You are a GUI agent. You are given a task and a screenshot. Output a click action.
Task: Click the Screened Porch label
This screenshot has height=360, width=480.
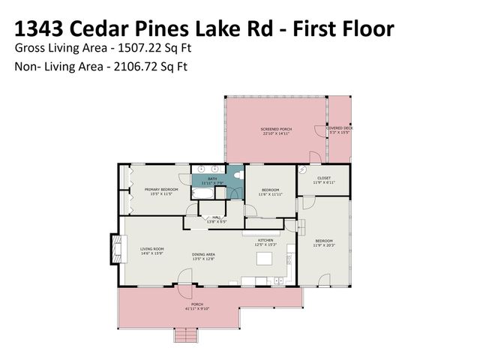276,130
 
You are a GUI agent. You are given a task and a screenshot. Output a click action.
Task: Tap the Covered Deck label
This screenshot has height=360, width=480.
340,128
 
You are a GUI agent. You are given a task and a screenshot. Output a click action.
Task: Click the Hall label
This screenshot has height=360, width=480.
216,218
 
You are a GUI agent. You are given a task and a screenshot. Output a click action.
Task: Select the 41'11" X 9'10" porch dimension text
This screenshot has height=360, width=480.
197,308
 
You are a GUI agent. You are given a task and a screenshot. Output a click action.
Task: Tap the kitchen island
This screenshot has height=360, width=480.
263,259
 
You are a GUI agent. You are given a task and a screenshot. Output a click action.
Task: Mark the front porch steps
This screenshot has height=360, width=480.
185,335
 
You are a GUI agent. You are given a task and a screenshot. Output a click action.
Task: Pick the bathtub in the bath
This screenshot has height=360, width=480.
203,193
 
